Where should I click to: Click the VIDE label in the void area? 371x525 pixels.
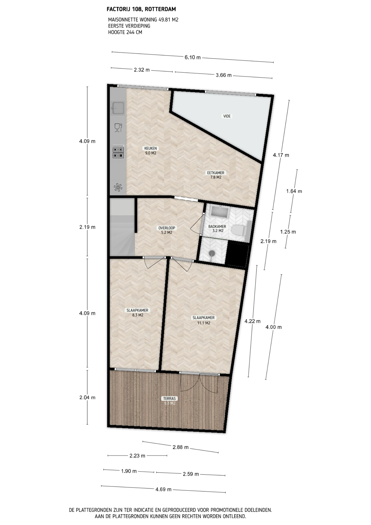coord(227,116)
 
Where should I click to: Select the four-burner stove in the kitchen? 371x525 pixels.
coord(118,152)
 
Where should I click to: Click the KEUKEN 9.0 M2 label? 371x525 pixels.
coord(151,151)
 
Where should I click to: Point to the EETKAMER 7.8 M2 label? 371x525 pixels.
coord(216,175)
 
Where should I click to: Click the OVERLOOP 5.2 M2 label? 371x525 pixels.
coord(167,230)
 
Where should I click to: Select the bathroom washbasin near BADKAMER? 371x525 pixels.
coord(220,212)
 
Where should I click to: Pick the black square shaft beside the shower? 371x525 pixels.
coord(237,255)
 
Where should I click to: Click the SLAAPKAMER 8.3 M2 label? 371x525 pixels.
coord(137,313)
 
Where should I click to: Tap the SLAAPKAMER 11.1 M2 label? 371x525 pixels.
coord(204,320)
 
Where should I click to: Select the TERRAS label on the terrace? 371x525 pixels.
coord(169,398)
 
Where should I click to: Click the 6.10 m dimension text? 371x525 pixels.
coord(193,57)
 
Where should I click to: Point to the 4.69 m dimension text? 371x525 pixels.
coord(163,489)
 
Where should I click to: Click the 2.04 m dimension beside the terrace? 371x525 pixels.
coord(87,397)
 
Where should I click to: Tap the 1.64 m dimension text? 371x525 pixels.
coord(294,191)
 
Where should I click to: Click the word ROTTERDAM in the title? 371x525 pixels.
coord(160,9)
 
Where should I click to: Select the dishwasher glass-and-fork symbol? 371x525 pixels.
coord(118,128)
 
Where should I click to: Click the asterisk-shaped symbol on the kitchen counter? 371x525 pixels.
coord(118,187)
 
